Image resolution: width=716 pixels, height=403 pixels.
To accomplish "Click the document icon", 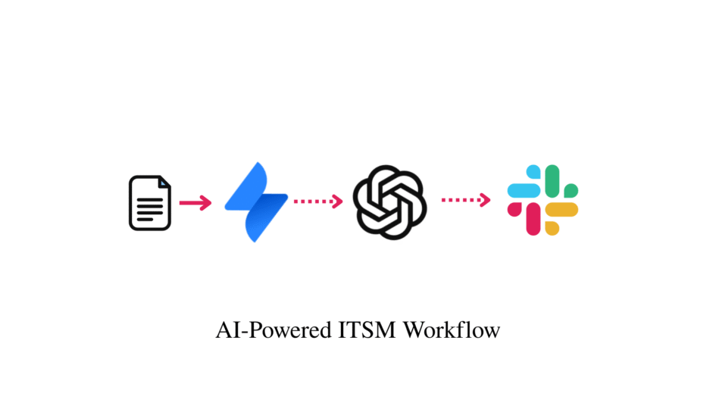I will [149, 203].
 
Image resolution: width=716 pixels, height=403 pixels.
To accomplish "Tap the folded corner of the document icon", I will [164, 183].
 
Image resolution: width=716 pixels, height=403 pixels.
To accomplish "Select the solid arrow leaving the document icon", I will [195, 203].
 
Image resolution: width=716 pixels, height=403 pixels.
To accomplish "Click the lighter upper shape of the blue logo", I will [248, 186].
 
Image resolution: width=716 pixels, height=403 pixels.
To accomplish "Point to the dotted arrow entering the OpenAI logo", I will [319, 201].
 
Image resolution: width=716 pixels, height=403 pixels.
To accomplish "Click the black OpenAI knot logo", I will [390, 202].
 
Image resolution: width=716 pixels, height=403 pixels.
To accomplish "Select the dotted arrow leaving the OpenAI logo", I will [466, 200].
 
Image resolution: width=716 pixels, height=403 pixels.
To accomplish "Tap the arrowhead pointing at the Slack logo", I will [486, 200].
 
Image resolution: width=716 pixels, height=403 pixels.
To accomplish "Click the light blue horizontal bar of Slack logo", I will [524, 191].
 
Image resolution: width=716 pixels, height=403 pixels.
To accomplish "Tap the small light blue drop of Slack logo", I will [534, 172].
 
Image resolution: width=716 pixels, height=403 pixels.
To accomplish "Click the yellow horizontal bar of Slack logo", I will [561, 209].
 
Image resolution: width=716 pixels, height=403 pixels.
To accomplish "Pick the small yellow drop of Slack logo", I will [552, 227].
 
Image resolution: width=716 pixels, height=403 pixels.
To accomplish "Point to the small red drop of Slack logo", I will [514, 209].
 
